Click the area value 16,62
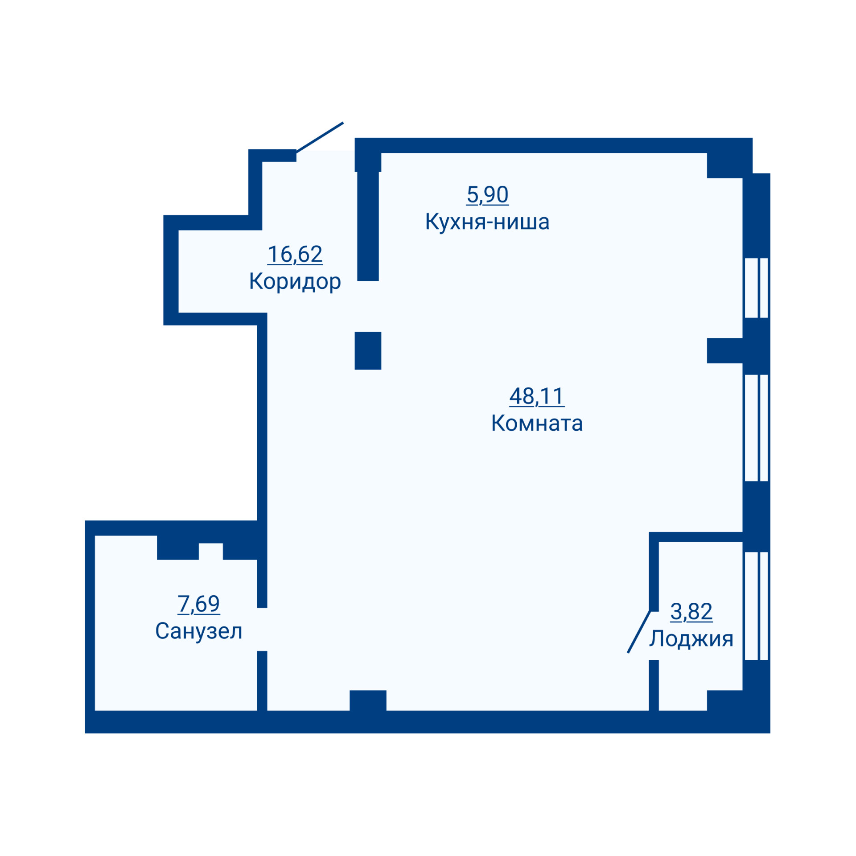tap(295, 255)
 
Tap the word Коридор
tap(295, 282)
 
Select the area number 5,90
tap(487, 195)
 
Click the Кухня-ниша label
tap(487, 222)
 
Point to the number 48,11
tap(537, 396)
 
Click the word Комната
tap(537, 423)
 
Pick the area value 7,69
tap(198, 604)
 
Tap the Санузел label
tap(198, 631)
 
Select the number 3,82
tap(691, 612)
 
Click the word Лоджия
tap(691, 639)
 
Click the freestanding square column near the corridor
tap(368, 350)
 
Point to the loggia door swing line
tap(639, 632)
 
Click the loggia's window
tap(757, 606)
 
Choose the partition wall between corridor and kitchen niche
tap(368, 226)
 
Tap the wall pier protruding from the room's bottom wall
tap(368, 700)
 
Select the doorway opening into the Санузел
tap(262, 629)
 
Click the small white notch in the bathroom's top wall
tap(210, 551)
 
